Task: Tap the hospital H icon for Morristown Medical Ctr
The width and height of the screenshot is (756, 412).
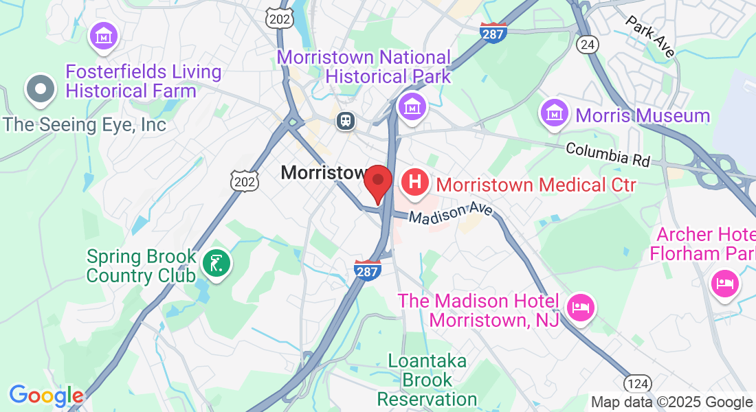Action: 415,183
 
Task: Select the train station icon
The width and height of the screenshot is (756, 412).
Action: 344,122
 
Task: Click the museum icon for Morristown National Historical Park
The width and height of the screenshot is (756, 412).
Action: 412,106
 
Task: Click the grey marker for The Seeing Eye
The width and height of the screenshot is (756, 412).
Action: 41,89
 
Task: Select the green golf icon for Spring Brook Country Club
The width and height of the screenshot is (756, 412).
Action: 217,263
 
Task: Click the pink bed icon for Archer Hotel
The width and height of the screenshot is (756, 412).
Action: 724,283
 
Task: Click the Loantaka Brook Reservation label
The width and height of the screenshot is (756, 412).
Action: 427,380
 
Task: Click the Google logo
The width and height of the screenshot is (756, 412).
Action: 45,395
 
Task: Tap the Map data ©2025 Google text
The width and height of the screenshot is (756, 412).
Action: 671,402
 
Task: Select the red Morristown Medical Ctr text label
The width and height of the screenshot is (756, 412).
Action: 536,185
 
